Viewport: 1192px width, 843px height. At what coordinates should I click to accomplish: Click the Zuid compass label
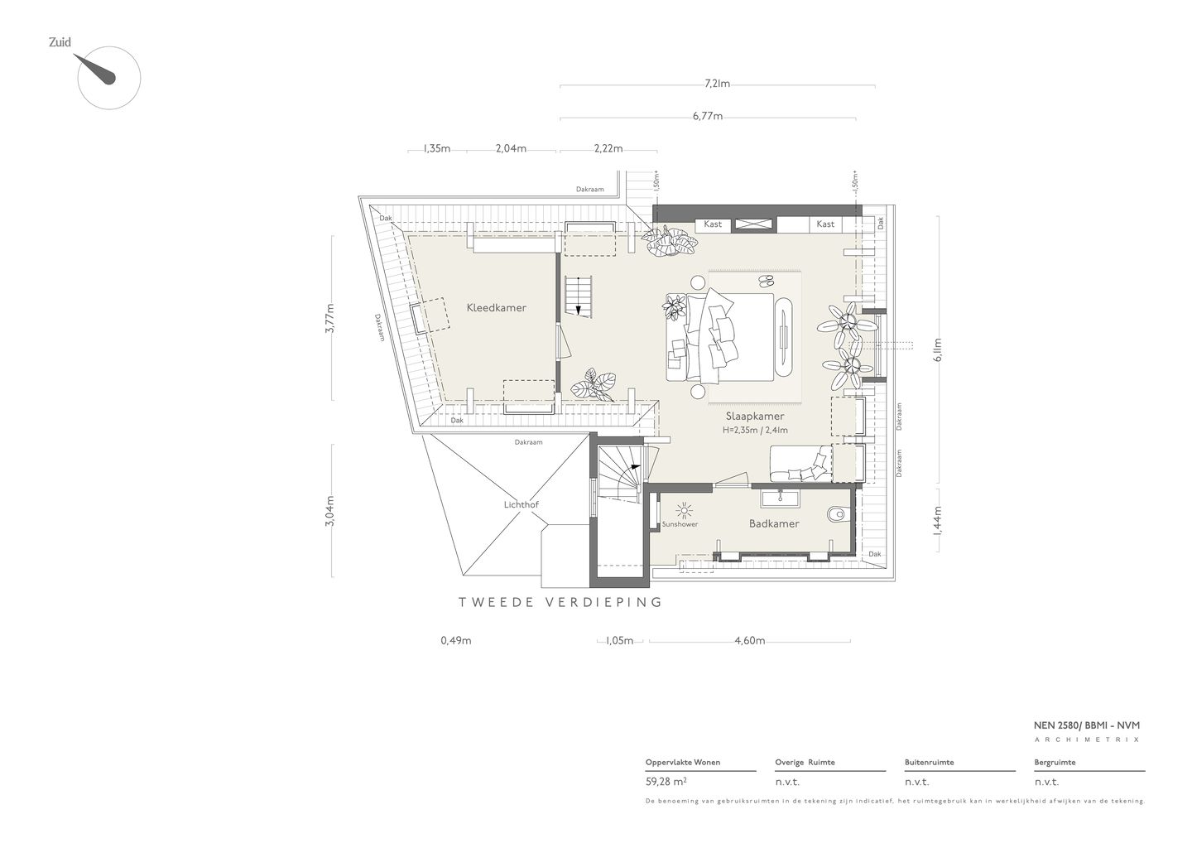click(x=60, y=42)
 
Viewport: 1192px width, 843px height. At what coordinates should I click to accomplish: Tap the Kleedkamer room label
click(x=497, y=307)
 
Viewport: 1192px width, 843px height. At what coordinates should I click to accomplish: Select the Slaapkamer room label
click(x=755, y=417)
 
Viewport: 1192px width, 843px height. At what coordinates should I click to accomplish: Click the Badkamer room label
click(x=774, y=523)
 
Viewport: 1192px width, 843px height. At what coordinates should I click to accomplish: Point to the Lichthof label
click(x=521, y=504)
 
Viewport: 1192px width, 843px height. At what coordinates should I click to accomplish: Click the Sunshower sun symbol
click(x=685, y=512)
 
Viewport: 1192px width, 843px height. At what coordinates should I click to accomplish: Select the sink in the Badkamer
click(x=780, y=499)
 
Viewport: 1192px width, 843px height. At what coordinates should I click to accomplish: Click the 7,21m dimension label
click(x=717, y=84)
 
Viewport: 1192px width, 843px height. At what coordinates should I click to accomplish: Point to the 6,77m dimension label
click(x=708, y=116)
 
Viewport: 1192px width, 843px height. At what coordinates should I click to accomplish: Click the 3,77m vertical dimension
click(x=330, y=318)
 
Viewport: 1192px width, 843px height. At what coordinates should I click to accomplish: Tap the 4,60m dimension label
click(x=750, y=641)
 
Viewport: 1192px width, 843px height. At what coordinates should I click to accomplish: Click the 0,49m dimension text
click(x=456, y=641)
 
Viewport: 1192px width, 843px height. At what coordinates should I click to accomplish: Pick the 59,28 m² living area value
click(x=666, y=782)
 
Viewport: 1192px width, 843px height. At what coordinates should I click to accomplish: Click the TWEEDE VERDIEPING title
click(x=560, y=602)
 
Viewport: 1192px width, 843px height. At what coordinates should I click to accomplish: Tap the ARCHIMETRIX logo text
click(x=1087, y=739)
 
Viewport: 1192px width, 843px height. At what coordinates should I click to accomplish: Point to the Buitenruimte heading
click(x=929, y=762)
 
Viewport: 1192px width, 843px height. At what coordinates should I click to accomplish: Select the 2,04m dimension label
click(x=511, y=148)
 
